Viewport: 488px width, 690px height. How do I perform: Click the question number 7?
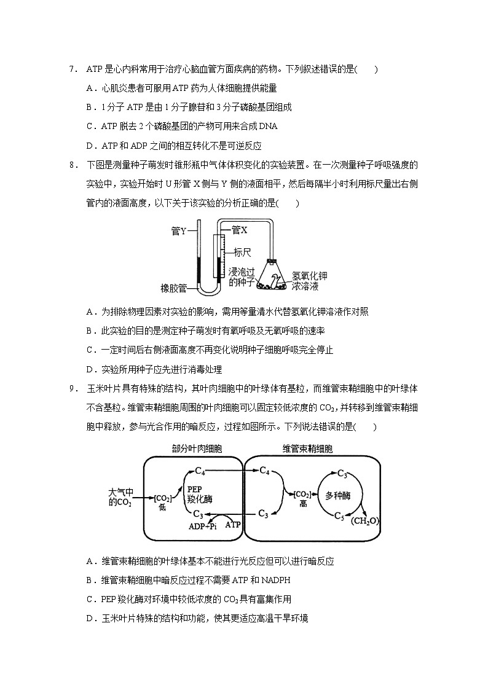click(x=72, y=69)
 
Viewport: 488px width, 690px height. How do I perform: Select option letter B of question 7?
click(x=90, y=108)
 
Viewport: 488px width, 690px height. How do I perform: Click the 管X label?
click(x=239, y=230)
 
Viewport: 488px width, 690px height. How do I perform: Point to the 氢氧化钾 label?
click(x=309, y=276)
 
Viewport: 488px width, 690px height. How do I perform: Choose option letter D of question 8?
click(x=90, y=369)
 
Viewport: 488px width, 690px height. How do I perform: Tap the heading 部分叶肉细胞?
click(x=192, y=449)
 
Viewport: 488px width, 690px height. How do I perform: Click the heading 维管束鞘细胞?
click(x=308, y=449)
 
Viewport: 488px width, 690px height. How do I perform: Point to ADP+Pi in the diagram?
click(x=202, y=526)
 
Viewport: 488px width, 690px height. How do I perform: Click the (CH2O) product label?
click(x=365, y=522)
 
